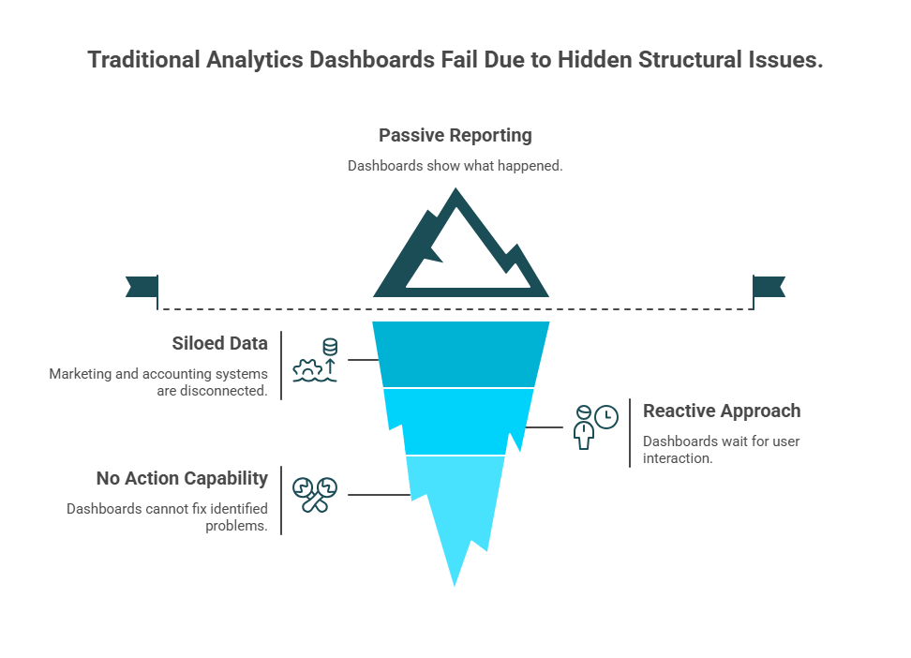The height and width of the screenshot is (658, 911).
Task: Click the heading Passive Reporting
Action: point(455,135)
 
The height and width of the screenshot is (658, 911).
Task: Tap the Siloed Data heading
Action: point(219,344)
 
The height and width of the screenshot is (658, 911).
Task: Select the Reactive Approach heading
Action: point(721,411)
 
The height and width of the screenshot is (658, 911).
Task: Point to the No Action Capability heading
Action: point(182,479)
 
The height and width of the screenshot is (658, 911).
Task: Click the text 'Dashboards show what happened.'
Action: point(455,166)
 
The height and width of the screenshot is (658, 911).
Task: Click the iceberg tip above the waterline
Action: point(459,248)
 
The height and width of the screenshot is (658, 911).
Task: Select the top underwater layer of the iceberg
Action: point(459,353)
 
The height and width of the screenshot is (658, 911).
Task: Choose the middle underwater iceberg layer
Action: point(459,421)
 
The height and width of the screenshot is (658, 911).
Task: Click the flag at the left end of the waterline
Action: point(140,287)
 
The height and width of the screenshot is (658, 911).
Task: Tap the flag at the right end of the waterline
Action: point(770,287)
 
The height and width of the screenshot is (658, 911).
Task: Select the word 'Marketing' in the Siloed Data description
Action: point(80,373)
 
